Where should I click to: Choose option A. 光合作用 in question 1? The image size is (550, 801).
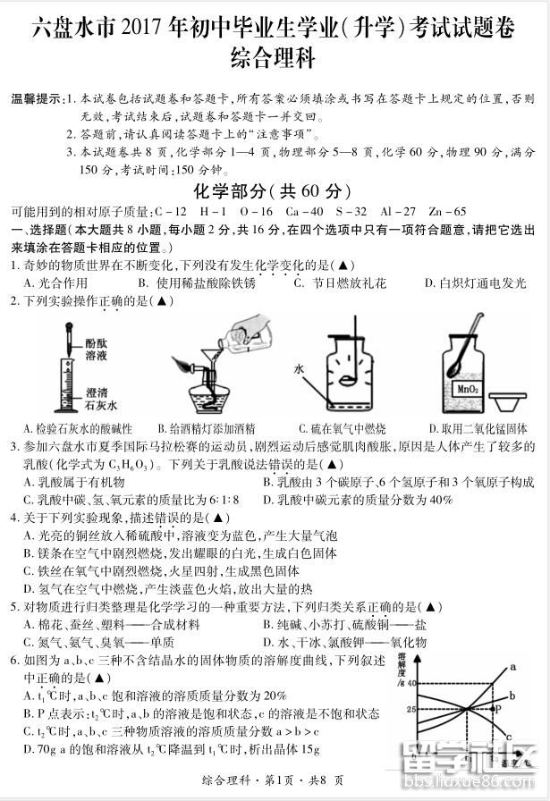pyautogui.click(x=55, y=283)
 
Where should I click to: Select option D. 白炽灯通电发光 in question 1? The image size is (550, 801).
pyautogui.click(x=476, y=283)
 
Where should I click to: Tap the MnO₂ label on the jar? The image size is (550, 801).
pyautogui.click(x=464, y=390)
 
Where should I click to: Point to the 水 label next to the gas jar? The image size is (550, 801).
pyautogui.click(x=300, y=367)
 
